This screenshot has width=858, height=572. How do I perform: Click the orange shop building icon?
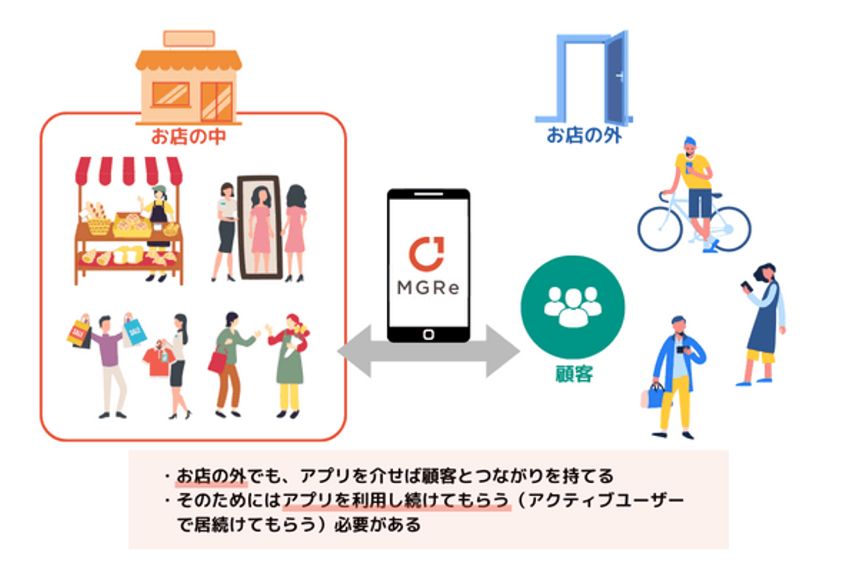pos(188,80)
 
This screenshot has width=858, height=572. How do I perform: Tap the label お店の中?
pos(188,136)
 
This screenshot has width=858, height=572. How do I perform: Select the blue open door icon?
pos(587,77)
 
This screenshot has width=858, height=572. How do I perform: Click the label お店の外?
pos(584,135)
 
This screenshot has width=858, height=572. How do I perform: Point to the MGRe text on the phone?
pos(428,288)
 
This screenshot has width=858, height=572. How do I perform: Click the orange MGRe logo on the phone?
pos(427,253)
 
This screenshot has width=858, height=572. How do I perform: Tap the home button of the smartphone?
pos(428,334)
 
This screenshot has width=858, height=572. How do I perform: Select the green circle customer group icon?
pos(573,307)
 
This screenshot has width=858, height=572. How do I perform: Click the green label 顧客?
pos(574,374)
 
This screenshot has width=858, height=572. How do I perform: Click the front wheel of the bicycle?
pos(660,229)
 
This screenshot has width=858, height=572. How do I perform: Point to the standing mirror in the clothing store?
pos(259,226)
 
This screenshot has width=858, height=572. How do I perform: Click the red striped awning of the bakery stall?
pos(129,170)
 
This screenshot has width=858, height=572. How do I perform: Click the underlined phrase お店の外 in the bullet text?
pos(212,476)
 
